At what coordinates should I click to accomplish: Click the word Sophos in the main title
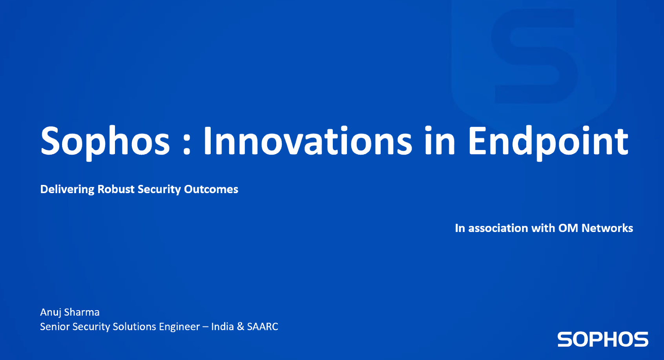(105, 141)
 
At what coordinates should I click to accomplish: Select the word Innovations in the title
(308, 141)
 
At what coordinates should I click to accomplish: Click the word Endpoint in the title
(548, 142)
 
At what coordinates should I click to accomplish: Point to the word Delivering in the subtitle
(67, 190)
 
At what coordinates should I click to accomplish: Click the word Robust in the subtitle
(116, 189)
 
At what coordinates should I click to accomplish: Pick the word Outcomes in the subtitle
(211, 189)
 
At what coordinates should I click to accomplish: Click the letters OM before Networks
(568, 228)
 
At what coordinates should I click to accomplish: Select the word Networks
(607, 228)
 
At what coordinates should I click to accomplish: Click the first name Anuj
(51, 312)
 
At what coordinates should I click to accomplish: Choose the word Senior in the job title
(55, 327)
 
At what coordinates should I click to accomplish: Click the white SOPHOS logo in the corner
(603, 339)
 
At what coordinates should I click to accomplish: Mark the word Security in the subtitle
(159, 190)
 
